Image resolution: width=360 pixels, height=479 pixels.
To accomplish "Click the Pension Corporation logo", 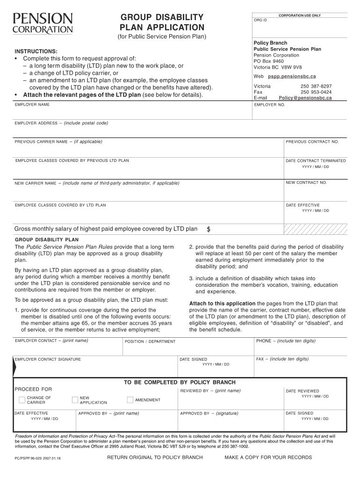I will [43, 23].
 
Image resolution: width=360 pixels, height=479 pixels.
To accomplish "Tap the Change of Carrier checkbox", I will [22, 400].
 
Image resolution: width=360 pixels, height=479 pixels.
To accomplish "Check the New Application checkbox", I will [75, 400].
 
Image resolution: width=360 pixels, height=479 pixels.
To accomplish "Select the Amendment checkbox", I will [130, 400].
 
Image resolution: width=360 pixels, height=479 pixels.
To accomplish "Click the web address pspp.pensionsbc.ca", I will [292, 76].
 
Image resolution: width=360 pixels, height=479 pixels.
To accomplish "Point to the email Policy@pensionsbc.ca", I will [305, 98].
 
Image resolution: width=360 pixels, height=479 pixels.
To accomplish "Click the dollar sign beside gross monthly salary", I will [209, 229].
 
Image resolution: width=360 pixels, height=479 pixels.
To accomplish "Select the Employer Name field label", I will [32, 105].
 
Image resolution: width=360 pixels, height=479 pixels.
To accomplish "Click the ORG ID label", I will [260, 20].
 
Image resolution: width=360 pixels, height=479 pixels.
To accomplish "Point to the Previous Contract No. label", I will [312, 142].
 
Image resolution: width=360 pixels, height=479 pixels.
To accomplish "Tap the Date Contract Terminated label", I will [316, 161].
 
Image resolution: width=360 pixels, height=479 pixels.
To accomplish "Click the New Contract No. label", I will [307, 182].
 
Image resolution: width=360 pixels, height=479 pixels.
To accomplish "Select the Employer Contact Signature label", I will [48, 359].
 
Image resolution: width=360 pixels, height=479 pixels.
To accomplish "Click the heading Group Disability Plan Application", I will [162, 22].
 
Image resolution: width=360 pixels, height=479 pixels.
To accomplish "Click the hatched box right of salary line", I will [316, 228].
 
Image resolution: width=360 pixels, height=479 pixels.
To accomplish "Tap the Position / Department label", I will [150, 341].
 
